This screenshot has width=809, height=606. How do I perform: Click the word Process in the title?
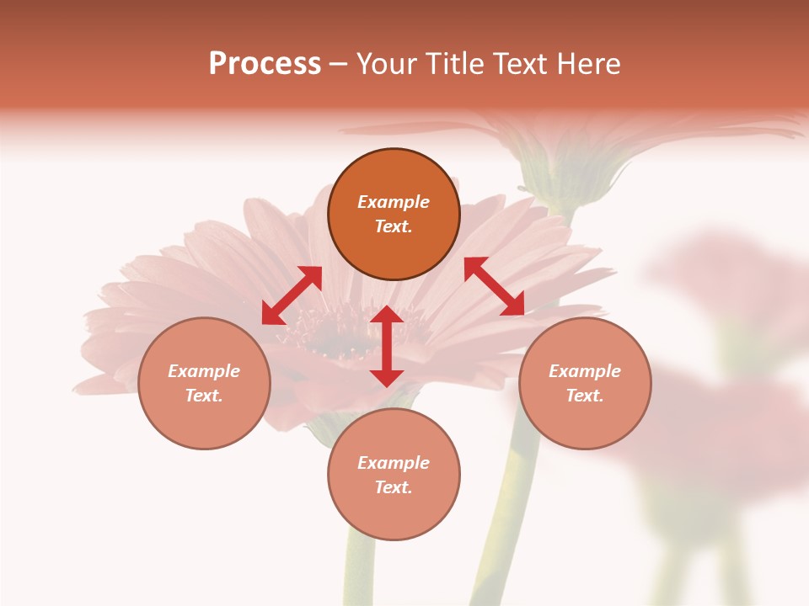tap(265, 64)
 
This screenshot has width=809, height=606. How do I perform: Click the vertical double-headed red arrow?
tap(387, 346)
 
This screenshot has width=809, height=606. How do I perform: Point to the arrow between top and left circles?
tap(292, 295)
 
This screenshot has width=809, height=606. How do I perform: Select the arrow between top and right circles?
tap(494, 286)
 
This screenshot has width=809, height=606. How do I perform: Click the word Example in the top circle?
tap(394, 202)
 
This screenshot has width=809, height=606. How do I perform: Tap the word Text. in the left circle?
tap(204, 396)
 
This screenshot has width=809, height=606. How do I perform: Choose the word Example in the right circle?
tap(585, 371)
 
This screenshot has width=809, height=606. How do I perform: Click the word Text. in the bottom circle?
tap(394, 487)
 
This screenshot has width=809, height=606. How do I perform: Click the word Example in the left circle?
tap(204, 371)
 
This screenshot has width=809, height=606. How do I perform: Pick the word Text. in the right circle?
tap(585, 396)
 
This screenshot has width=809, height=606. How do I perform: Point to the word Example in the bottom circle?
tap(394, 463)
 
